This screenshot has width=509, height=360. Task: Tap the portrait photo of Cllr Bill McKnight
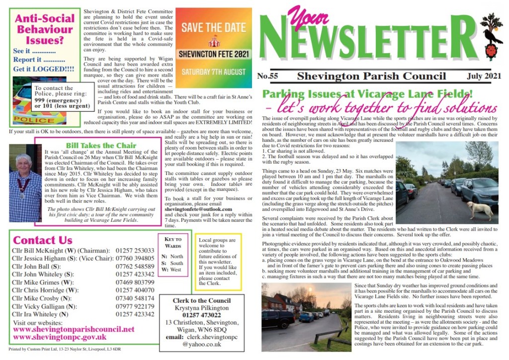[x=25, y=182]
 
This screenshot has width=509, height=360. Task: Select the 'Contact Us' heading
[x=42, y=240]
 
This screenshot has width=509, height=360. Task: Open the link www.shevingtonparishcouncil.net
[x=74, y=329]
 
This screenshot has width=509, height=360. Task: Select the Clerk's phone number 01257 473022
[x=201, y=316]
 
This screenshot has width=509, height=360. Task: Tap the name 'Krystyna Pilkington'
[x=201, y=308]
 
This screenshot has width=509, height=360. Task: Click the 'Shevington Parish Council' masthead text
[x=371, y=76]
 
